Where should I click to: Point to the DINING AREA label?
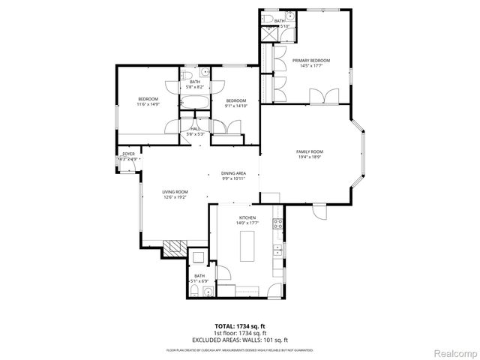(233, 173)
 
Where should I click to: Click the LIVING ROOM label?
(175, 192)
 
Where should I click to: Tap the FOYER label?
(128, 154)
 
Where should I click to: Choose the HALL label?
(194, 129)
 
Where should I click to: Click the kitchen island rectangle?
(245, 244)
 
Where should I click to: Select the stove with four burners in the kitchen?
(277, 222)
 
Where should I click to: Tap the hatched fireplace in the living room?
(175, 247)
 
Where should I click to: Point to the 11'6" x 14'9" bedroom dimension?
(148, 104)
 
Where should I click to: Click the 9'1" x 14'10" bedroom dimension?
(236, 106)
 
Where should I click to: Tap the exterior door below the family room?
(320, 212)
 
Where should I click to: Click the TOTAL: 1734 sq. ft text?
(239, 326)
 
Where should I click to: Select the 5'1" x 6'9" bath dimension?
(199, 280)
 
